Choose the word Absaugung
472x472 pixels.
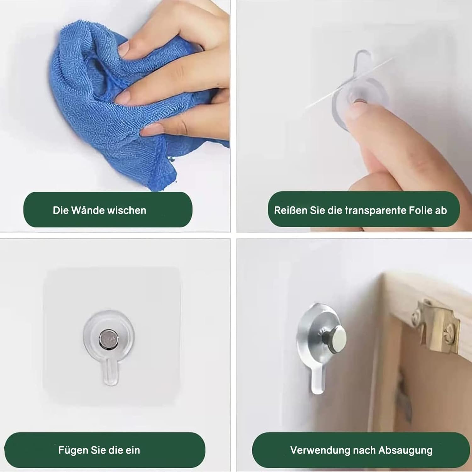(x=406, y=451)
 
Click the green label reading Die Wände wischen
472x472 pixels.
(x=108, y=210)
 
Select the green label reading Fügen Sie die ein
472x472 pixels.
(x=105, y=450)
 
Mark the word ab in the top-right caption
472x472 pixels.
(x=441, y=210)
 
